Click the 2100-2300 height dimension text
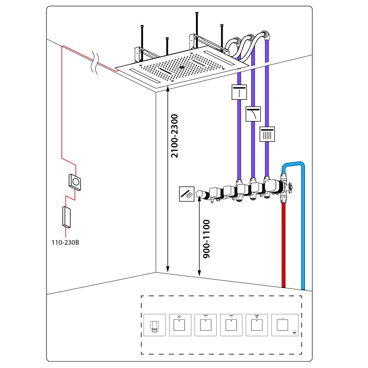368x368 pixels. (x=175, y=136)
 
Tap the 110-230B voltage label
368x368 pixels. (x=65, y=241)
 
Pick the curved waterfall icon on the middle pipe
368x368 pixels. (x=253, y=113)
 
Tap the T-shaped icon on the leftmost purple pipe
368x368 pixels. (x=239, y=92)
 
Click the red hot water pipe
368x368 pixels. (x=283, y=244)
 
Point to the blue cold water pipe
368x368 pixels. (x=302, y=230)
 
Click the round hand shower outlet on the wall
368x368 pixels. (x=201, y=195)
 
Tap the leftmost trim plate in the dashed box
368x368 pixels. (x=154, y=326)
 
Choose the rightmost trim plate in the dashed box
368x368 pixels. (x=282, y=326)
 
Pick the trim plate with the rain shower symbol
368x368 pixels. (x=257, y=326)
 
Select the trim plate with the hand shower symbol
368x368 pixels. (x=179, y=326)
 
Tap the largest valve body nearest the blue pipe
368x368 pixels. (x=272, y=186)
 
